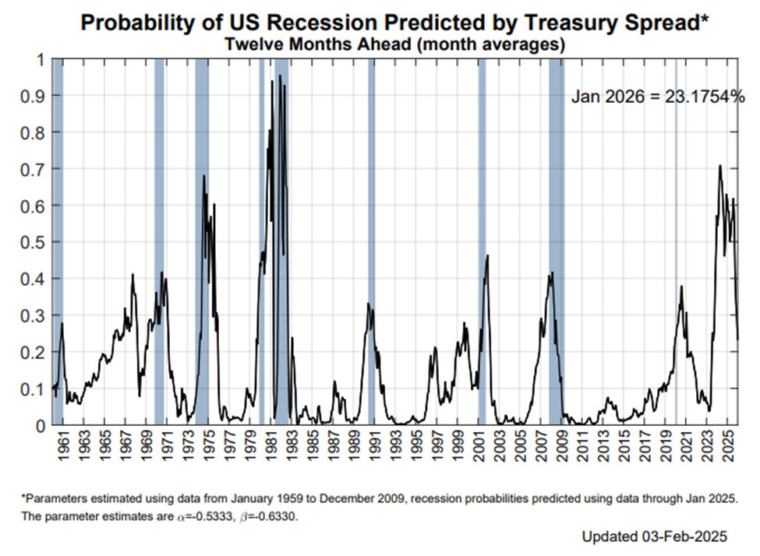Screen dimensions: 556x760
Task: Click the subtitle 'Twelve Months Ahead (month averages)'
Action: tap(394, 44)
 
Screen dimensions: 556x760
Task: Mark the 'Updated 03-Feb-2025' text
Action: tap(654, 537)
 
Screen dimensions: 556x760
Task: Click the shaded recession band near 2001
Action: tap(482, 241)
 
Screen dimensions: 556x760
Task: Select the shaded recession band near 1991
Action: tap(371, 241)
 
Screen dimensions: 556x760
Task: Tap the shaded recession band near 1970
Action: tap(159, 241)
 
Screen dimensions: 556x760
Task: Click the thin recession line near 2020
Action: tap(676, 241)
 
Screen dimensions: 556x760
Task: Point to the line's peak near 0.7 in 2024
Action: tap(719, 166)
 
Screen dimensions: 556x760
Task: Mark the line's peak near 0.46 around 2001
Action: tap(487, 255)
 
